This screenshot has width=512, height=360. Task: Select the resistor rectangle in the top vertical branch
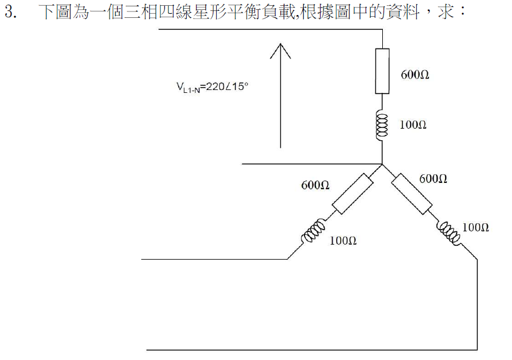tap(383, 70)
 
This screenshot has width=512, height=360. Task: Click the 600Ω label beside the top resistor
tap(415, 75)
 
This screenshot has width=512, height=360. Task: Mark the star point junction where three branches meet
tap(382, 164)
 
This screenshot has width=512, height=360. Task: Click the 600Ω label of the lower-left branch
tap(315, 185)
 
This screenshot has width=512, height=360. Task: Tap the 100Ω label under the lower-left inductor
tap(342, 241)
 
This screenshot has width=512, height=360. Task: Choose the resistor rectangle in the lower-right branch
tap(412, 193)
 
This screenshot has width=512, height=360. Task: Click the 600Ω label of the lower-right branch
tap(433, 179)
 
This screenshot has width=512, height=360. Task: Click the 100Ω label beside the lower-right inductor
tap(476, 227)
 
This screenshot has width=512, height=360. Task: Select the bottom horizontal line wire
tap(311, 350)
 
